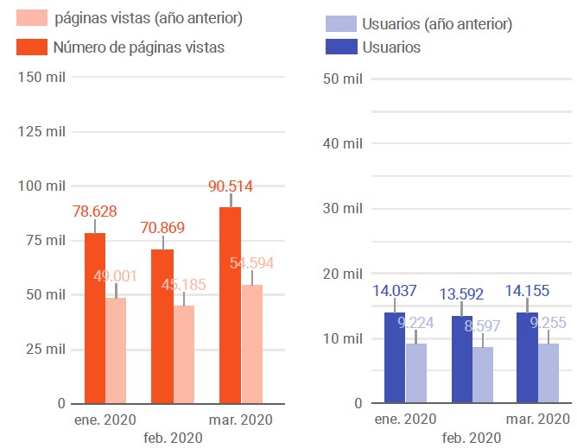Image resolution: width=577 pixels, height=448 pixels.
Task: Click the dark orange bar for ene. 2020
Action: [94, 318]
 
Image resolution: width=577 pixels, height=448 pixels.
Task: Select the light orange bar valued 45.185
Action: [183, 354]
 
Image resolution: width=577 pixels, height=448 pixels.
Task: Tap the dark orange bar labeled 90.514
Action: [230, 305]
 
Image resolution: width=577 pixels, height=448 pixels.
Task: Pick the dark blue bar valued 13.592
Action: [461, 359]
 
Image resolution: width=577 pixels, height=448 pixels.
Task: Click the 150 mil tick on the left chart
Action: [41, 78]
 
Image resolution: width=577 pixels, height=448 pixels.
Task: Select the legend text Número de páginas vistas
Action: [138, 47]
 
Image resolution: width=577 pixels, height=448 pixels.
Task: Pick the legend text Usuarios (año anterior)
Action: [438, 24]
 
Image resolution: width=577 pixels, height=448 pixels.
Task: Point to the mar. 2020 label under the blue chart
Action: [537, 420]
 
